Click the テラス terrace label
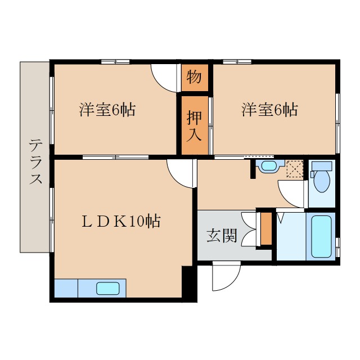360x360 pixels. [x=35, y=163]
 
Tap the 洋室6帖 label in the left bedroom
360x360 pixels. [x=107, y=109]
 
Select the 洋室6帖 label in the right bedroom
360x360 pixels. [x=270, y=109]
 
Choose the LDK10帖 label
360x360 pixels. [x=120, y=221]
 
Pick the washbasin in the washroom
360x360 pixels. [x=268, y=166]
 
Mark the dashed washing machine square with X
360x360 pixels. [x=295, y=169]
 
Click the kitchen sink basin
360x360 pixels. [x=108, y=289]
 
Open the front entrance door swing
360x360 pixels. [x=225, y=277]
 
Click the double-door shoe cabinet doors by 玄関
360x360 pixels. [x=249, y=229]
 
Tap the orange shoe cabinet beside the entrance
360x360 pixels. [x=266, y=228]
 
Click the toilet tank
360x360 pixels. [x=322, y=166]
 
